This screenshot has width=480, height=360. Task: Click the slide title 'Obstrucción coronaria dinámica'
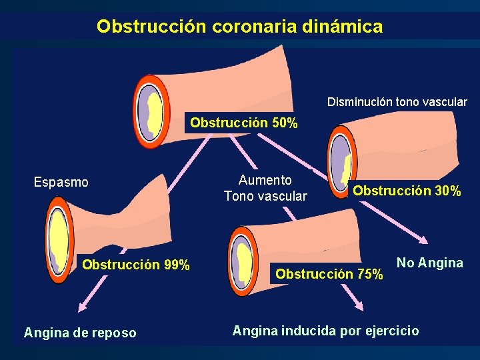click(239, 27)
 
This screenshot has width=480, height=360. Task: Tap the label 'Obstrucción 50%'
click(244, 123)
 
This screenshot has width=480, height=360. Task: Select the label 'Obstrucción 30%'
click(407, 191)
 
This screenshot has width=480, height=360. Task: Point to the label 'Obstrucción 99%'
click(136, 265)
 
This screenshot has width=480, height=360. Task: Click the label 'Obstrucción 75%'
click(329, 274)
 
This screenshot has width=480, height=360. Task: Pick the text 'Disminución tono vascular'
click(397, 102)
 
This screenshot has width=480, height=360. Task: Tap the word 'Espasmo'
click(61, 182)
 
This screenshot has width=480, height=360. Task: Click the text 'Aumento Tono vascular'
click(265, 188)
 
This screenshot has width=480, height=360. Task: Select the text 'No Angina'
click(430, 263)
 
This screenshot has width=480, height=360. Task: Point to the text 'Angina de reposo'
click(80, 332)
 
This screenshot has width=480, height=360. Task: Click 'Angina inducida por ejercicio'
click(325, 330)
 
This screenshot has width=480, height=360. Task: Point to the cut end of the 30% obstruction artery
click(342, 161)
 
